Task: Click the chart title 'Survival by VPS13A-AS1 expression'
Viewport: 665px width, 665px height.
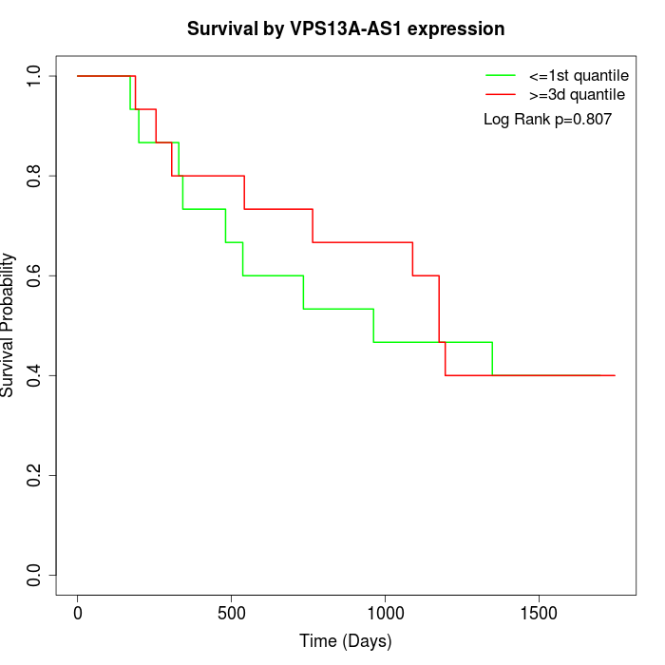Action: tap(346, 28)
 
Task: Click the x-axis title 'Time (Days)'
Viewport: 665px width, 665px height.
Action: tap(346, 641)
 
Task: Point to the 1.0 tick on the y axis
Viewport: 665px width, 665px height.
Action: tap(35, 76)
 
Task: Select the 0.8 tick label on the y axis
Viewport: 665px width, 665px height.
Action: tap(35, 176)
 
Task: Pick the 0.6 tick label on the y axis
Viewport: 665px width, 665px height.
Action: tap(35, 275)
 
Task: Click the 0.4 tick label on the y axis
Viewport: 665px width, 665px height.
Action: tap(35, 375)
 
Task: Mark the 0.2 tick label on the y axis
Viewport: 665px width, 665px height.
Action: tap(35, 475)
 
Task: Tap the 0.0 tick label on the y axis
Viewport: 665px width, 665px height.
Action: tap(35, 575)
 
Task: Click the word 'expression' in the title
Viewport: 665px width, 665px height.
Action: tap(461, 28)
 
